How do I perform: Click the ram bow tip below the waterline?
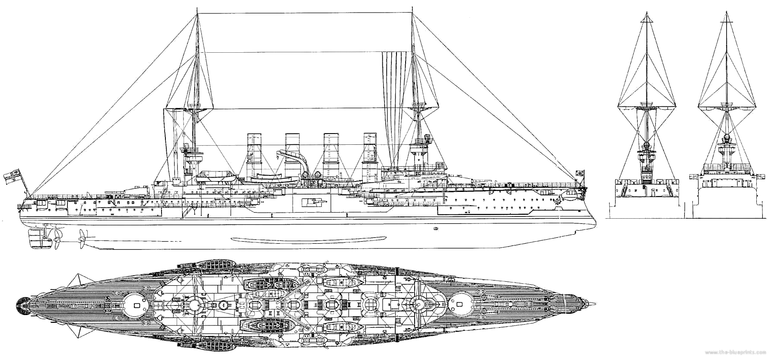(x=595, y=223)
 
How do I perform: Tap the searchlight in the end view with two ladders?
(x=647, y=145)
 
